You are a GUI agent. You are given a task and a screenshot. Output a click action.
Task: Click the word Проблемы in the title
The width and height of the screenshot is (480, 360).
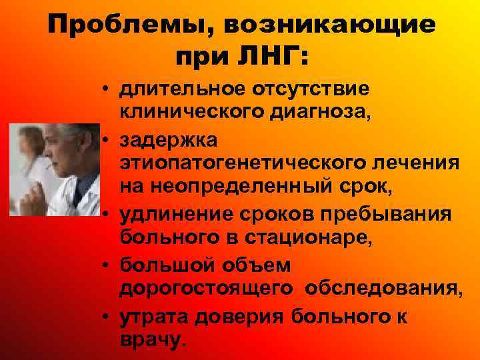pos(130,25)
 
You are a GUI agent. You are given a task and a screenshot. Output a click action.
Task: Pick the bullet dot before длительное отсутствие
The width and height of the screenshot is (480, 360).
pos(106,90)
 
